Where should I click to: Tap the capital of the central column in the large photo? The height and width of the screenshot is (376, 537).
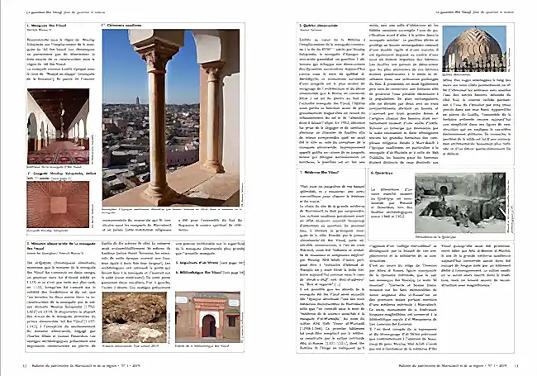pyautogui.click(x=157, y=59)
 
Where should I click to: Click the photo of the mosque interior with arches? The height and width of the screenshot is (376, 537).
pyautogui.click(x=57, y=132)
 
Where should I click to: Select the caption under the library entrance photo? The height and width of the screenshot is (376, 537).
pyautogui.click(x=207, y=344)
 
